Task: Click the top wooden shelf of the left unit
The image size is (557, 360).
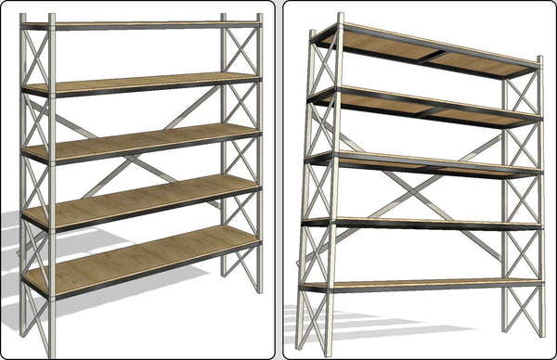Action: pos(139,23)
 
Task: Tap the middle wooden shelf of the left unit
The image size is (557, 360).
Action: pos(139,141)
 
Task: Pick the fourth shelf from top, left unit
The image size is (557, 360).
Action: pos(139,199)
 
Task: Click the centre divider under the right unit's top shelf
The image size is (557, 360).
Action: pos(429,58)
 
